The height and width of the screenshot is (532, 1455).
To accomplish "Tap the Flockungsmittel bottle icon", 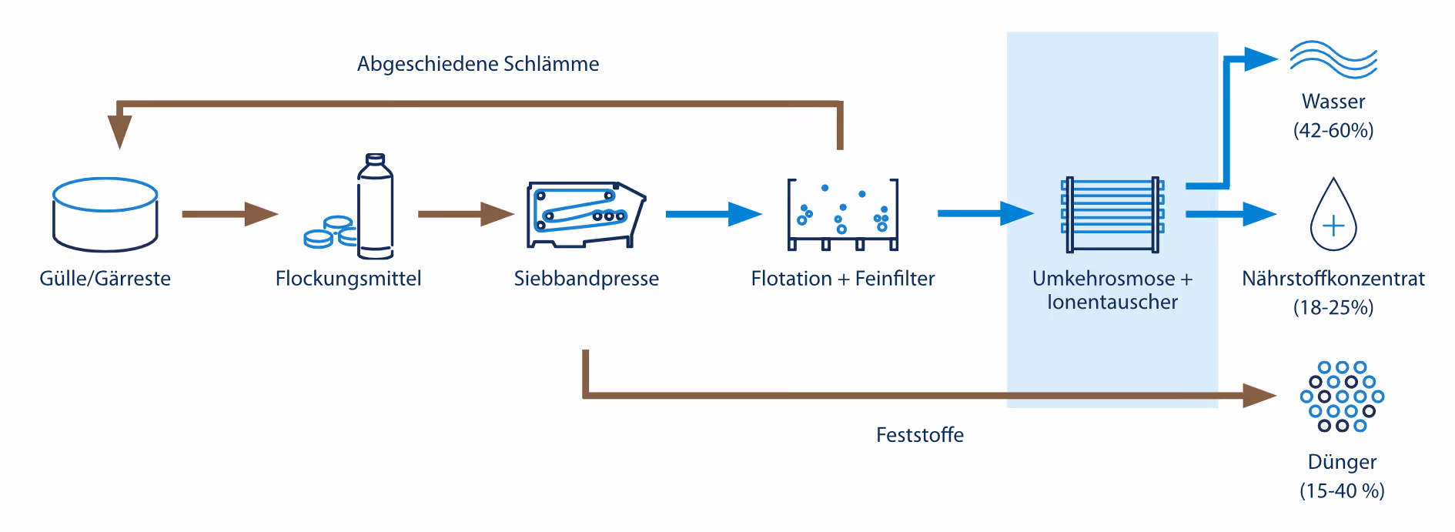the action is (375, 206).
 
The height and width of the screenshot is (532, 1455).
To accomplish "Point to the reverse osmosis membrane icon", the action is (1112, 215).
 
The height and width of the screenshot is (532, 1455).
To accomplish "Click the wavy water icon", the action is (1333, 59).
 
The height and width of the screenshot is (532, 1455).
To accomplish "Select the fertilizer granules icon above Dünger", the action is (1342, 396).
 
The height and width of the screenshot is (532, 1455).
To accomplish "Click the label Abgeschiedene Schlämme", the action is (478, 64).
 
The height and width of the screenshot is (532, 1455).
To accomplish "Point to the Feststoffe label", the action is (920, 435).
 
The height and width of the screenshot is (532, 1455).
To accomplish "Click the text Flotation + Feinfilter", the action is (843, 278).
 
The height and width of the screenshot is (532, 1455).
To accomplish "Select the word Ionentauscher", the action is (1112, 302).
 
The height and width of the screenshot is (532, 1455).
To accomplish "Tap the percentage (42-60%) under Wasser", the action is (1333, 130).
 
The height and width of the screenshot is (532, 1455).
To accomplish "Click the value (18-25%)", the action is (1333, 307).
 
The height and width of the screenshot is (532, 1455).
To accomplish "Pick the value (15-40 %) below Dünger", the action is (1342, 490).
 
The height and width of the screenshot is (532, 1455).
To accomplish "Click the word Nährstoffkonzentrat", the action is (1333, 278).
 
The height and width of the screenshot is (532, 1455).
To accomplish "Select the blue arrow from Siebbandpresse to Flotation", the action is (714, 214).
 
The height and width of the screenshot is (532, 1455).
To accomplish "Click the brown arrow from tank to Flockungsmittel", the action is (230, 214).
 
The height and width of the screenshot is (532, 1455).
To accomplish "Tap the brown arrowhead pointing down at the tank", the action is (119, 132).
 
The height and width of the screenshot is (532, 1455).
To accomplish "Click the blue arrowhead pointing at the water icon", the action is (1261, 59).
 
